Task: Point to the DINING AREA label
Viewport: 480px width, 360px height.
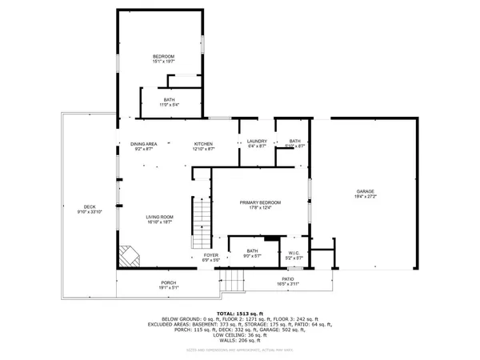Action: pos(143,144)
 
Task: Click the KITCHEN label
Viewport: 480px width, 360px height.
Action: pos(203,144)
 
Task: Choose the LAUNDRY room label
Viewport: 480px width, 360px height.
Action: pos(256,141)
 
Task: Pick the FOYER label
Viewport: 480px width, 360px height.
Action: pos(210,255)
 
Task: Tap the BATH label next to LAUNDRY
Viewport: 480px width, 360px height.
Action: pos(295,141)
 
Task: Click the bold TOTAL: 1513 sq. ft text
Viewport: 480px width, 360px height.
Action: pos(240,313)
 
